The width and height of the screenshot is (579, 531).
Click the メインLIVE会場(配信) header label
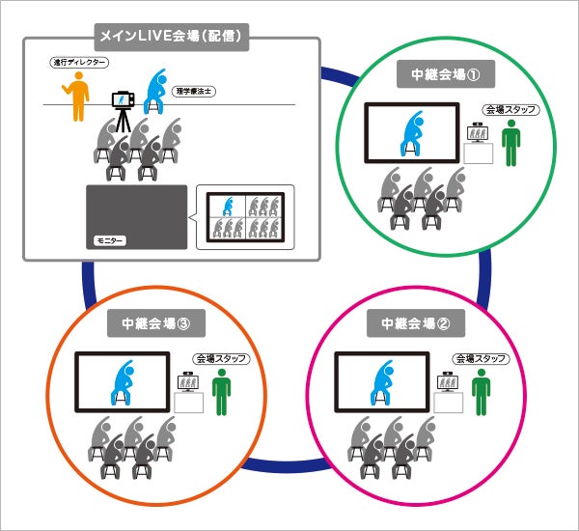pos(172,38)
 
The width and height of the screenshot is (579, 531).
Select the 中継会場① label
pos(439,74)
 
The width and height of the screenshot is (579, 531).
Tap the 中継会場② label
pos(424,321)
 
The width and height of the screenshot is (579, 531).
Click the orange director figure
pos(77,97)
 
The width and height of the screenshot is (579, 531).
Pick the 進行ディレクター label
pos(78,64)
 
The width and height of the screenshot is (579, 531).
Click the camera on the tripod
pos(123,100)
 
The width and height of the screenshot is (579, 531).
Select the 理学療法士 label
pos(193,91)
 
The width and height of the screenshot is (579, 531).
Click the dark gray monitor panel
pos(136,216)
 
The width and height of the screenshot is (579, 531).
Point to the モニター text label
pos(109,238)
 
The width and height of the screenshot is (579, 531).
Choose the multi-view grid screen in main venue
pos(244,217)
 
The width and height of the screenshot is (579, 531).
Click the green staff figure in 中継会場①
pos(510,145)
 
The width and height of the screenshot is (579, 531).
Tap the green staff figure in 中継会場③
pos(222,392)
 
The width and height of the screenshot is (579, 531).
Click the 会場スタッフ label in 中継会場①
pos(509,110)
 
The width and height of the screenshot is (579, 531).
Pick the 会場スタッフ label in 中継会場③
pos(221,358)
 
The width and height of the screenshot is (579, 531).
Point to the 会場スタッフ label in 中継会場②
pos(480,358)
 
